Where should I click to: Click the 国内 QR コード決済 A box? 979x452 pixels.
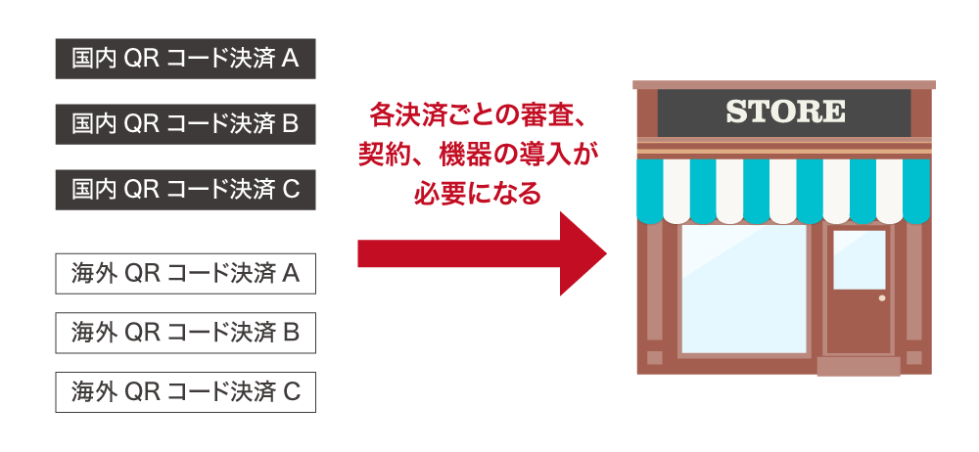(x=185, y=60)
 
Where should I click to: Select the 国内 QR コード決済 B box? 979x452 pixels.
(x=185, y=124)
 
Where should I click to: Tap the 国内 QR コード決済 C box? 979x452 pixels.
(x=185, y=190)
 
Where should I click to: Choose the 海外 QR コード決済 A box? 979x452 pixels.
(x=185, y=274)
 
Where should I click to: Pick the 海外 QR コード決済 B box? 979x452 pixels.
(x=185, y=333)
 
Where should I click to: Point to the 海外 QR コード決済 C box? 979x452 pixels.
(x=185, y=392)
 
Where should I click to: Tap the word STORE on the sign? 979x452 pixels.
(x=785, y=112)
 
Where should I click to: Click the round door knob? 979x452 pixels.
(x=882, y=297)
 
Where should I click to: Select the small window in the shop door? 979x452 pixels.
(x=859, y=259)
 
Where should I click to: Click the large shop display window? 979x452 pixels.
(x=743, y=289)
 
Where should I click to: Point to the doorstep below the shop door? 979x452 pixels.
(x=858, y=367)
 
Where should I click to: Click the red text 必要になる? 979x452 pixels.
(x=477, y=193)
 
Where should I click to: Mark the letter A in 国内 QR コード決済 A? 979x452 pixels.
(x=290, y=60)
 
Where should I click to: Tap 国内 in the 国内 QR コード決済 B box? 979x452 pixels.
(x=94, y=124)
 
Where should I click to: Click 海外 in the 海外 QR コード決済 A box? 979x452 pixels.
(x=94, y=274)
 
